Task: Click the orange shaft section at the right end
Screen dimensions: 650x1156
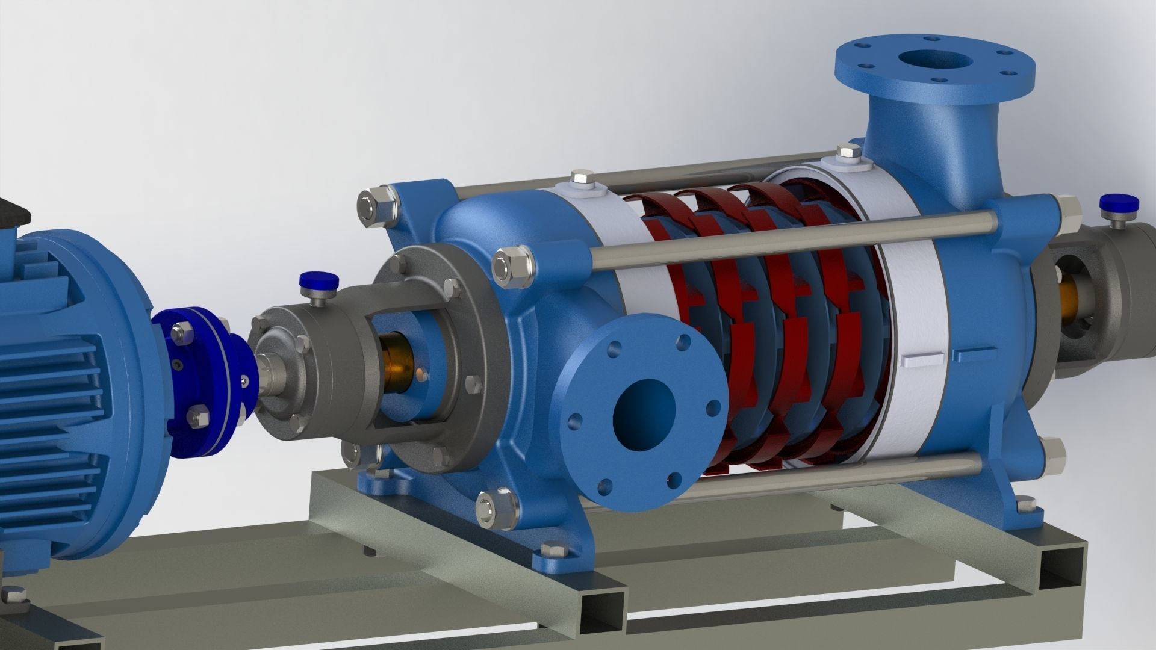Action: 1069,294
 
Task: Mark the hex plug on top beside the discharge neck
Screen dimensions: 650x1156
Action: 849,153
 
